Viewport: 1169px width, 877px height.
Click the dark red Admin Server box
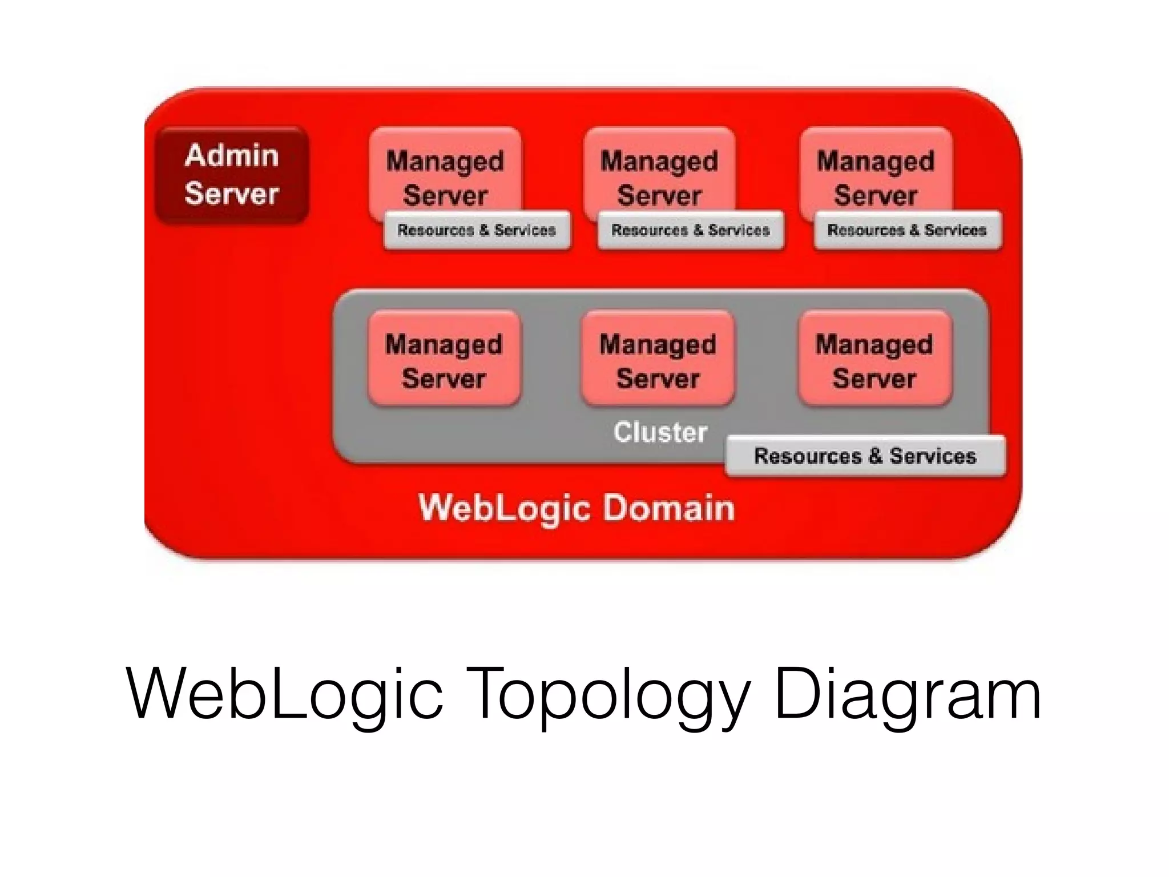click(x=232, y=175)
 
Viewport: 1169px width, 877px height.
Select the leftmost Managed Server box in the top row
click(x=445, y=171)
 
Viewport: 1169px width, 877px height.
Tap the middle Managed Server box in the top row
click(x=659, y=171)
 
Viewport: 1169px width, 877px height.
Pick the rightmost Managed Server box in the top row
click(x=876, y=171)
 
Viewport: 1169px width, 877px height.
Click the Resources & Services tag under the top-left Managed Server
click(x=477, y=230)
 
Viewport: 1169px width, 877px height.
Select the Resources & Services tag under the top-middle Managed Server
click(x=691, y=230)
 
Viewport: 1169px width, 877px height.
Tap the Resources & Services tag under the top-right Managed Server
click(x=907, y=230)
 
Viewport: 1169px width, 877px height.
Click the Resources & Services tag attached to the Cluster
click(x=865, y=456)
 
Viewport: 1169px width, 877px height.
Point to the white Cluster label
click(x=660, y=432)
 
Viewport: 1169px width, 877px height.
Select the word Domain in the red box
click(x=668, y=508)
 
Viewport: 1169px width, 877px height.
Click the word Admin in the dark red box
click(x=232, y=155)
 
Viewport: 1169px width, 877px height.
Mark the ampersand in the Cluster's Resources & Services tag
click(x=875, y=456)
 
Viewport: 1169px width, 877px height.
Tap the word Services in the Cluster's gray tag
click(x=933, y=456)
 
